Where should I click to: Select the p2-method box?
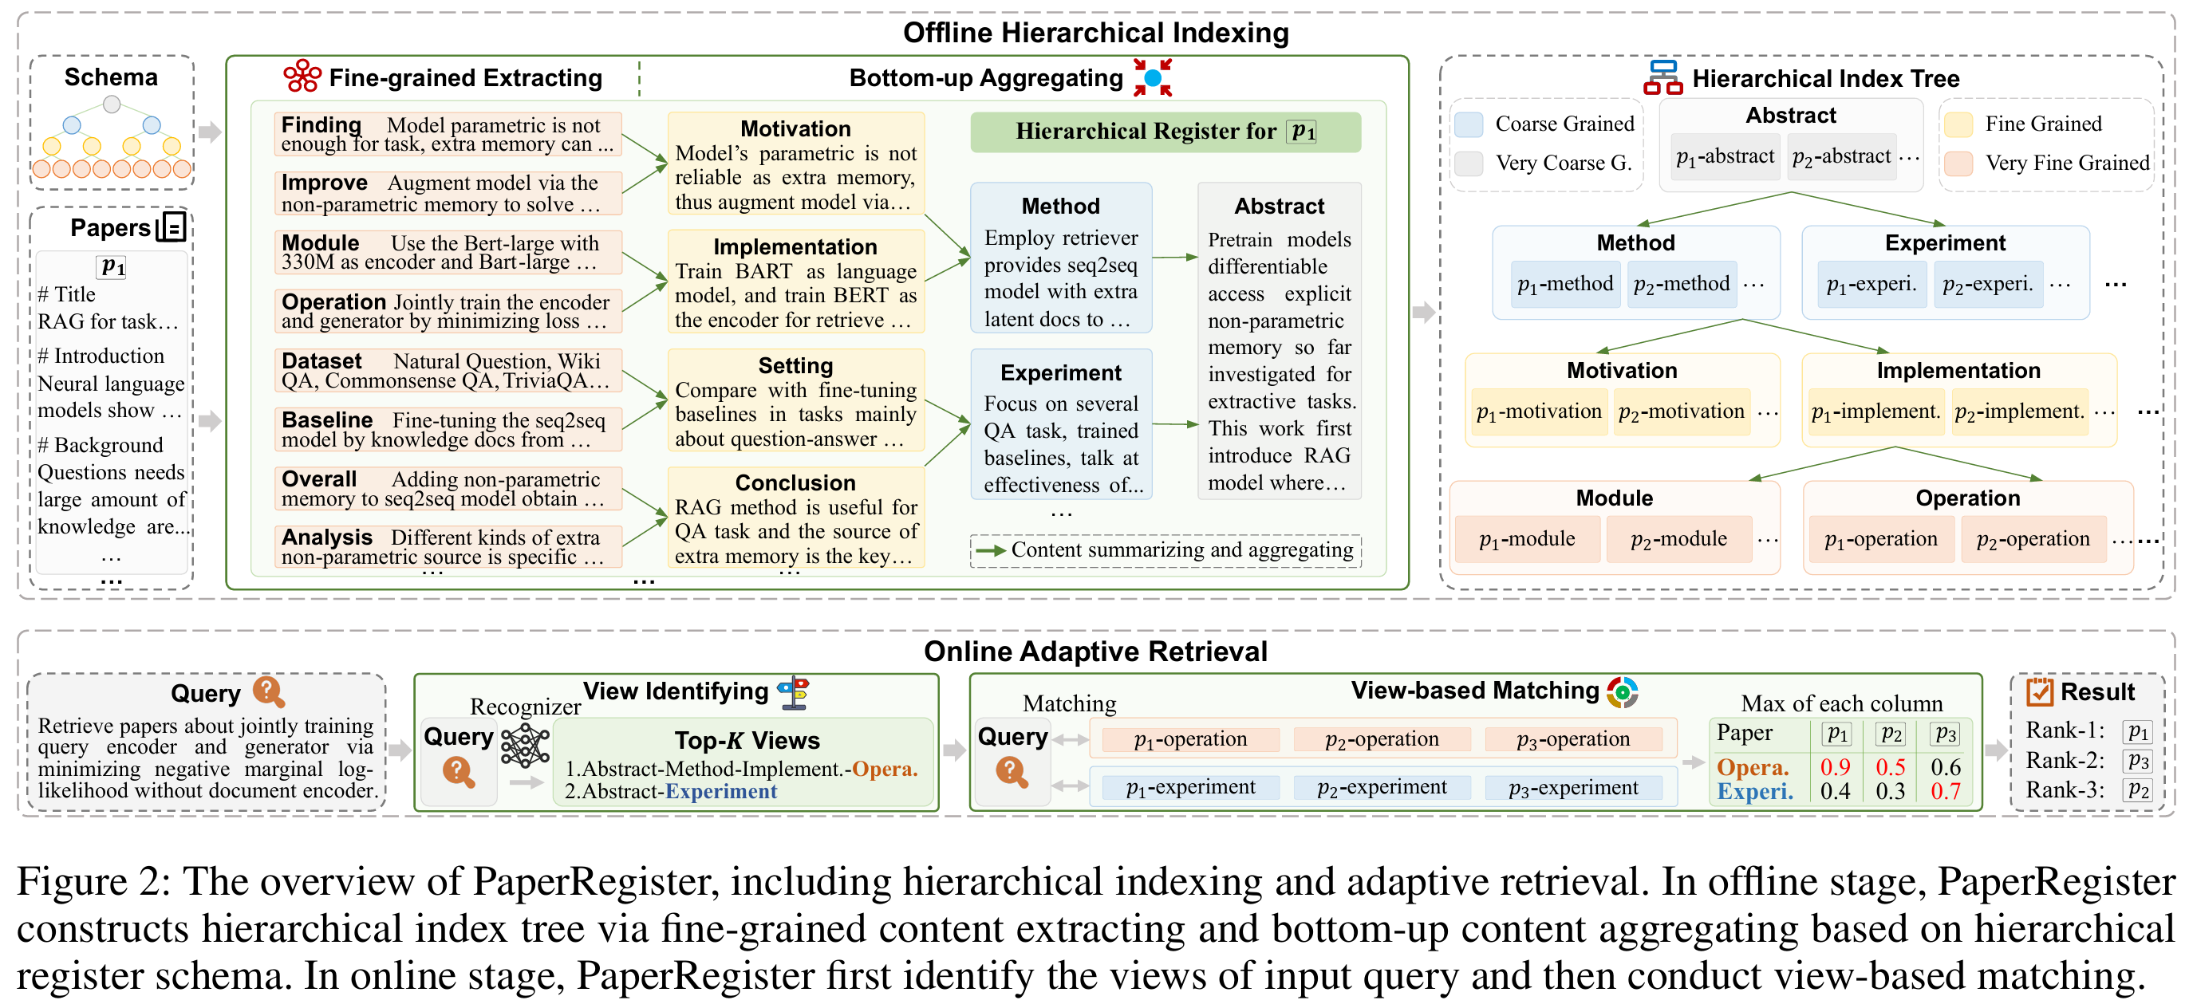[x=1681, y=284]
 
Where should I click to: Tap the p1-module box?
[x=1527, y=538]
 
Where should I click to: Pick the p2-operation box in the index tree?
[x=2033, y=538]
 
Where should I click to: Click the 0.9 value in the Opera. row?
[x=1835, y=767]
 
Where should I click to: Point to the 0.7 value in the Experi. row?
[x=1945, y=792]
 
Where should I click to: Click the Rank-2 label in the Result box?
[x=2065, y=760]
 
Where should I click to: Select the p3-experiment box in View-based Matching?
[x=1573, y=787]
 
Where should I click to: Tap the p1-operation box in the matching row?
[x=1190, y=739]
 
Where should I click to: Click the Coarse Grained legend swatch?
[x=1469, y=124]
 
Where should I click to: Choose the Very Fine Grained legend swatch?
[x=1958, y=163]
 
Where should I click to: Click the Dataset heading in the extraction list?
[x=321, y=361]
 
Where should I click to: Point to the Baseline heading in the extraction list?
[x=327, y=419]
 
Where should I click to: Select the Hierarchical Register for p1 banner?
[x=1165, y=132]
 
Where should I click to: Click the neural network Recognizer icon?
[x=525, y=746]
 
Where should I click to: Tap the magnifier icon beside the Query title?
[x=269, y=691]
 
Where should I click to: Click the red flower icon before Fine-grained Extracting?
[x=302, y=77]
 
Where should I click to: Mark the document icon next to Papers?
[x=172, y=226]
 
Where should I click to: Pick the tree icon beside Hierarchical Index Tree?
[x=1662, y=77]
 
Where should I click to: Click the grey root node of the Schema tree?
[x=112, y=104]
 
